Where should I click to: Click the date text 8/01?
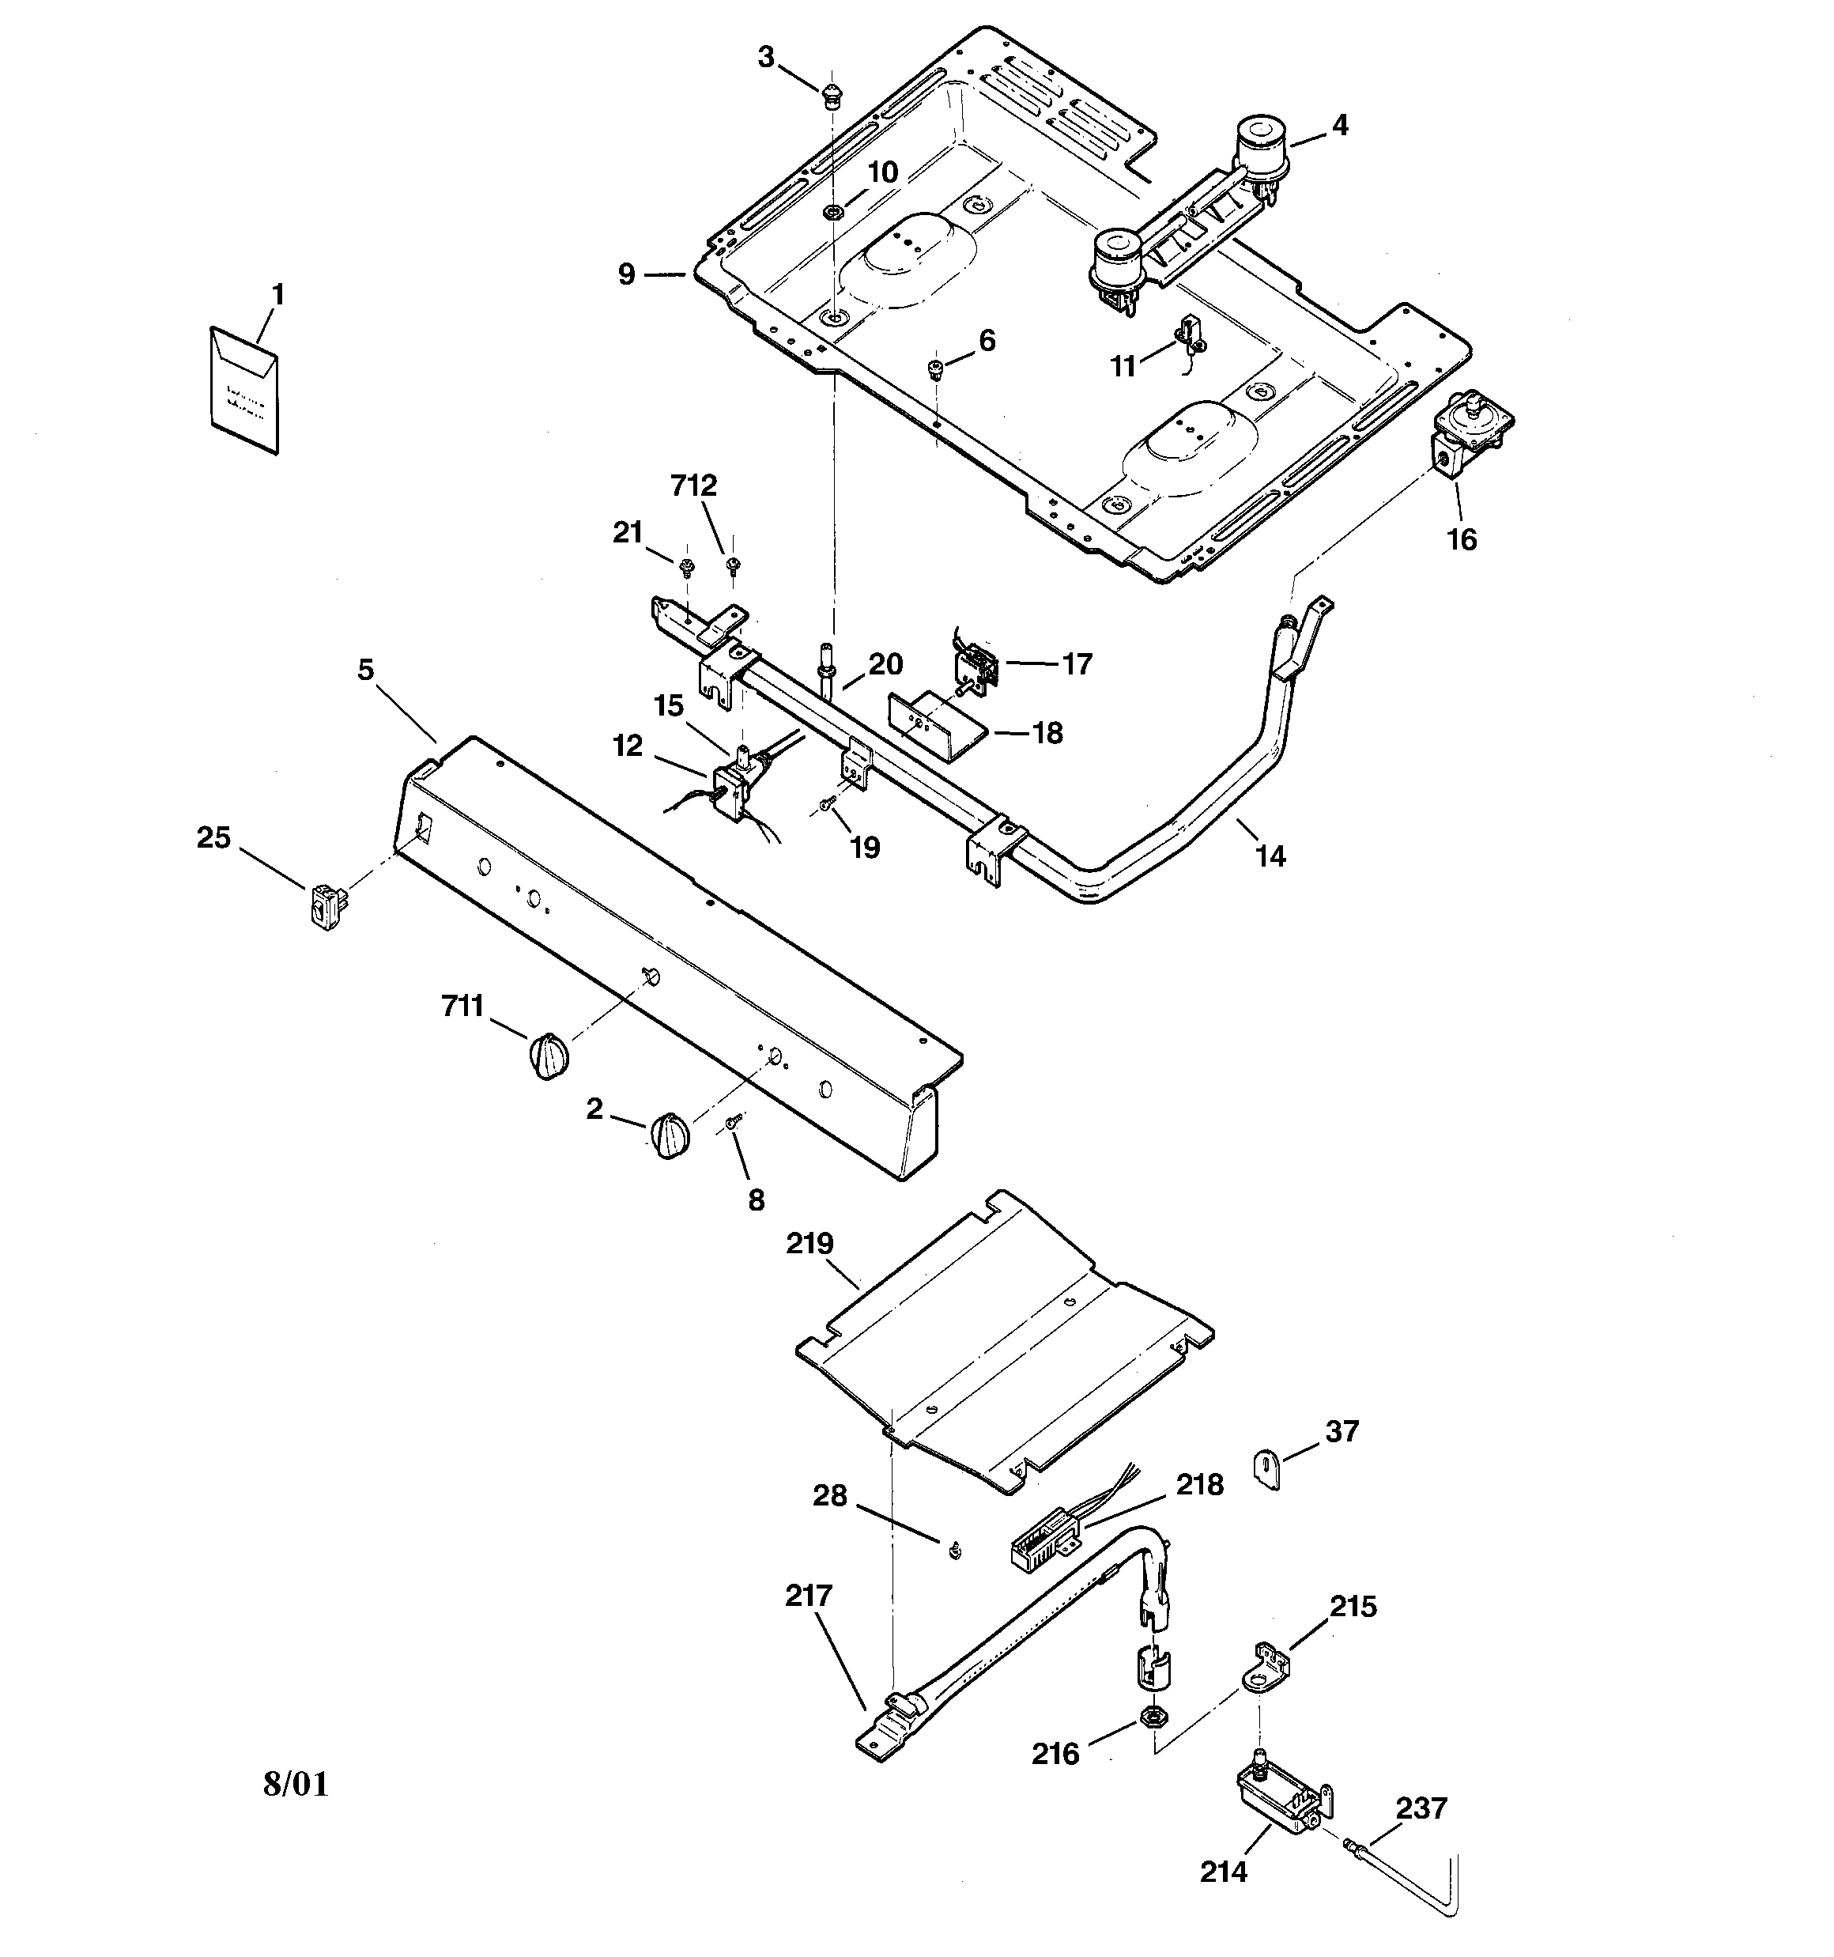click(x=296, y=1784)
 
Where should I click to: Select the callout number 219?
click(x=809, y=1243)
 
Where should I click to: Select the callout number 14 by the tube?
click(x=1271, y=856)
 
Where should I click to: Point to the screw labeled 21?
click(x=686, y=567)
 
